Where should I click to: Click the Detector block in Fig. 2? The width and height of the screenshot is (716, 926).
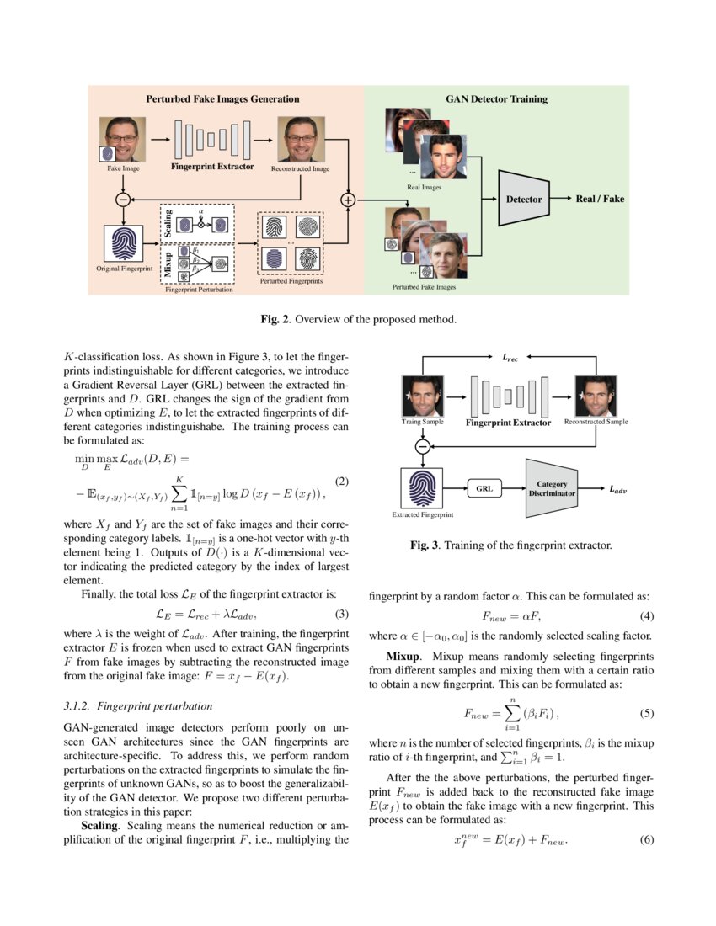click(524, 199)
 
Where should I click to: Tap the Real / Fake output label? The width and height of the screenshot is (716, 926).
click(600, 199)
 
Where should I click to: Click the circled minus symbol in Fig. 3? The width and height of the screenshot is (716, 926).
click(424, 446)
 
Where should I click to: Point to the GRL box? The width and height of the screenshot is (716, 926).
click(484, 488)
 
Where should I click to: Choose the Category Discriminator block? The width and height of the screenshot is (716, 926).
click(552, 488)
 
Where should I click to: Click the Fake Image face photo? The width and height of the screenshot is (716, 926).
click(121, 139)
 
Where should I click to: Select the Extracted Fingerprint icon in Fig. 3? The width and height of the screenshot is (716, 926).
click(423, 487)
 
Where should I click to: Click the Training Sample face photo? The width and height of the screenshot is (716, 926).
click(424, 395)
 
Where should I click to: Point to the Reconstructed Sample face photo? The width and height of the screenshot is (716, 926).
click(596, 395)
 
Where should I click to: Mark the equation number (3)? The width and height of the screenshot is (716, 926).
click(342, 613)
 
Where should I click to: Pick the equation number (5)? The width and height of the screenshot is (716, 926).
click(647, 714)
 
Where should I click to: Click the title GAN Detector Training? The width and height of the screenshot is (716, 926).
click(496, 98)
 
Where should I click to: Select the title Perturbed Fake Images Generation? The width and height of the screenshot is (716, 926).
click(223, 98)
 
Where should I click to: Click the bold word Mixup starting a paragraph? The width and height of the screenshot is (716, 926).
click(403, 655)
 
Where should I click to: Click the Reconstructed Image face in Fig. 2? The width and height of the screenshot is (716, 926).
click(300, 139)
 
